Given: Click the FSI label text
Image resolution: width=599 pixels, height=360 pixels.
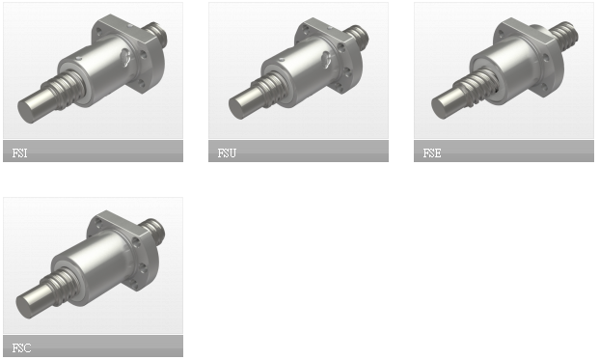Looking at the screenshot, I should [19, 152].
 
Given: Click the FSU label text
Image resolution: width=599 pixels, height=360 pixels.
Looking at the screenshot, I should [227, 152].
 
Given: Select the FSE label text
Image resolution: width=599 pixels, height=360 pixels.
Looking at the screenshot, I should [432, 152].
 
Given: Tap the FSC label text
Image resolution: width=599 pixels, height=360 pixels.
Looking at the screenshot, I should [21, 347].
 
